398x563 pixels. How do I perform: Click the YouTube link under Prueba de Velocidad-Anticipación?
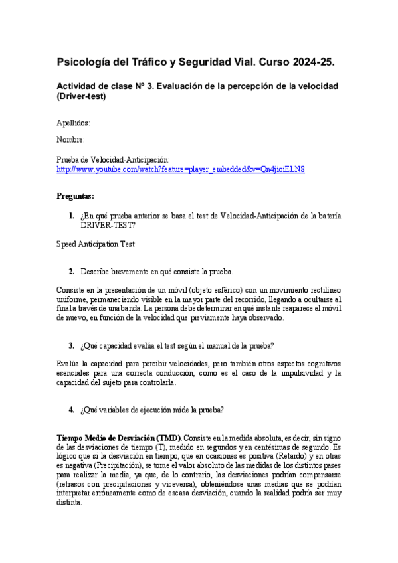pyautogui.click(x=181, y=170)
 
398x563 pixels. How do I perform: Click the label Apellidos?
pyautogui.click(x=73, y=123)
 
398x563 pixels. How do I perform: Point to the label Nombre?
pyautogui.click(x=70, y=140)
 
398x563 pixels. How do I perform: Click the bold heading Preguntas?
pyautogui.click(x=75, y=196)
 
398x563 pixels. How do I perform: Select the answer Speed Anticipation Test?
pyautogui.click(x=96, y=244)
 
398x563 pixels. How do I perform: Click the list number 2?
pyautogui.click(x=71, y=272)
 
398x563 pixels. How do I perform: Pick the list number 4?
pyautogui.click(x=71, y=410)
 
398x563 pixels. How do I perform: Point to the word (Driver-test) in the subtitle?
pyautogui.click(x=82, y=97)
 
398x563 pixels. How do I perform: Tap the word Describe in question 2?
pyautogui.click(x=97, y=272)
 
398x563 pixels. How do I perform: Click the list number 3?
pyautogui.click(x=71, y=345)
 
